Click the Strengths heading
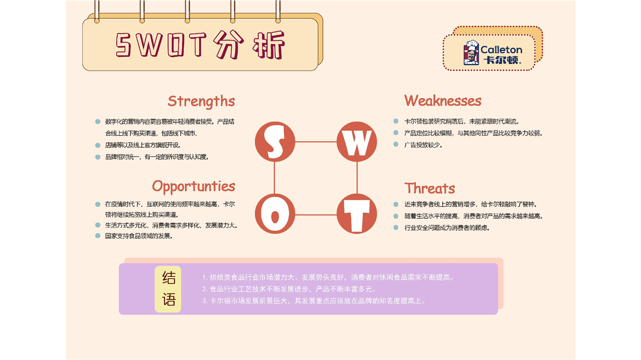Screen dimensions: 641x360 (201, 101)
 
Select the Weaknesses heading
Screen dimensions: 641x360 (443, 101)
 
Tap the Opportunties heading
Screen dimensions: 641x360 (193, 187)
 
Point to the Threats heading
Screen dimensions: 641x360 (430, 188)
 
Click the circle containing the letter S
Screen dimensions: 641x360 (275, 142)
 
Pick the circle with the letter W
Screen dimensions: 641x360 (357, 142)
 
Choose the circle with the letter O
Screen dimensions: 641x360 (275, 214)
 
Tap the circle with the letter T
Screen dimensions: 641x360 (357, 214)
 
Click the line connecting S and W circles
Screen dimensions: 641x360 (315, 142)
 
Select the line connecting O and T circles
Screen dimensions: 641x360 (315, 215)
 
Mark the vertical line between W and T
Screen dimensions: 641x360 (357, 178)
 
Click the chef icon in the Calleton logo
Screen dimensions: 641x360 (471, 53)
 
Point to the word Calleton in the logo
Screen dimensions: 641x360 (501, 50)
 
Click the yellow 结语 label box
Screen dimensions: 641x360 (168, 289)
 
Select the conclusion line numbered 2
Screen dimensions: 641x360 (289, 289)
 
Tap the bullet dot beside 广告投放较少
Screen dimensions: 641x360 (396, 145)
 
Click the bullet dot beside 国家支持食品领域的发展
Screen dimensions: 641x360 (98, 236)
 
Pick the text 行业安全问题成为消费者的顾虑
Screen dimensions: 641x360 (447, 228)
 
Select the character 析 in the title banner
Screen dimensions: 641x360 (268, 45)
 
